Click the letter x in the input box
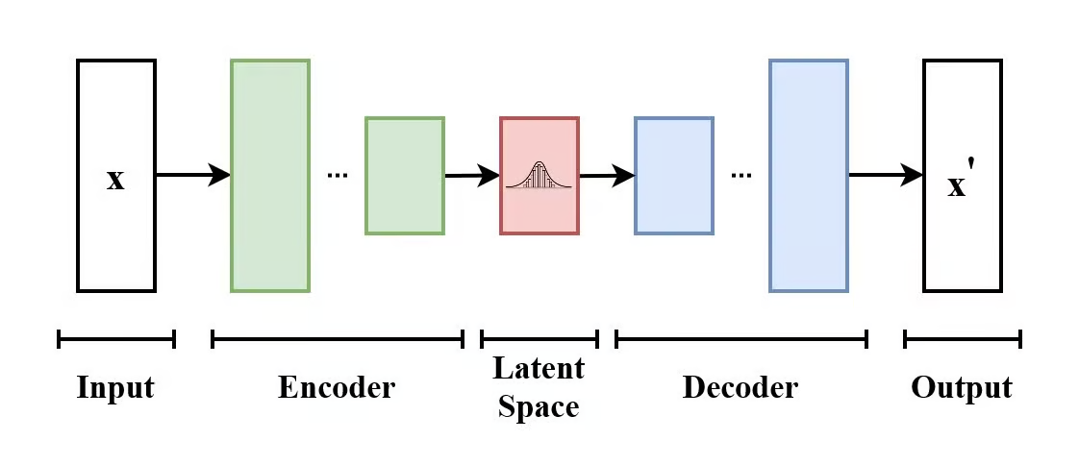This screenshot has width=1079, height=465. click(115, 180)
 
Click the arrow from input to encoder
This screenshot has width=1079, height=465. click(192, 175)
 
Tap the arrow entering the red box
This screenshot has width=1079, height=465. click(471, 176)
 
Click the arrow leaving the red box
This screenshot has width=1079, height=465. click(606, 176)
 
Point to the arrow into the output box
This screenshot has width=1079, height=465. click(885, 175)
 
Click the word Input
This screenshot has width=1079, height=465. click(115, 388)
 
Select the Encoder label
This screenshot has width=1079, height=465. click(337, 388)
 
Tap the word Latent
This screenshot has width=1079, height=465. click(539, 369)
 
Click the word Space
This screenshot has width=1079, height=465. click(539, 406)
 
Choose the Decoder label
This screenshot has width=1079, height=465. click(740, 388)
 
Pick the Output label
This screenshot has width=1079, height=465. click(962, 388)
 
